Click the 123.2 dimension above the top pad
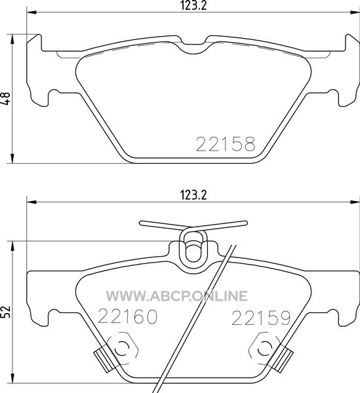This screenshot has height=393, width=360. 193,5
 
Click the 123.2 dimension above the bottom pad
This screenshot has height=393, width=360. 193,195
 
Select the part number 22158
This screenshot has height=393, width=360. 226,144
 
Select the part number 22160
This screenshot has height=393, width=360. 128,316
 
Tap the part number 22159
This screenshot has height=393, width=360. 261,318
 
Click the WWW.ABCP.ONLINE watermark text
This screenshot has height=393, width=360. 177,296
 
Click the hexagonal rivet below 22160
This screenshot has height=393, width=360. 123,348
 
